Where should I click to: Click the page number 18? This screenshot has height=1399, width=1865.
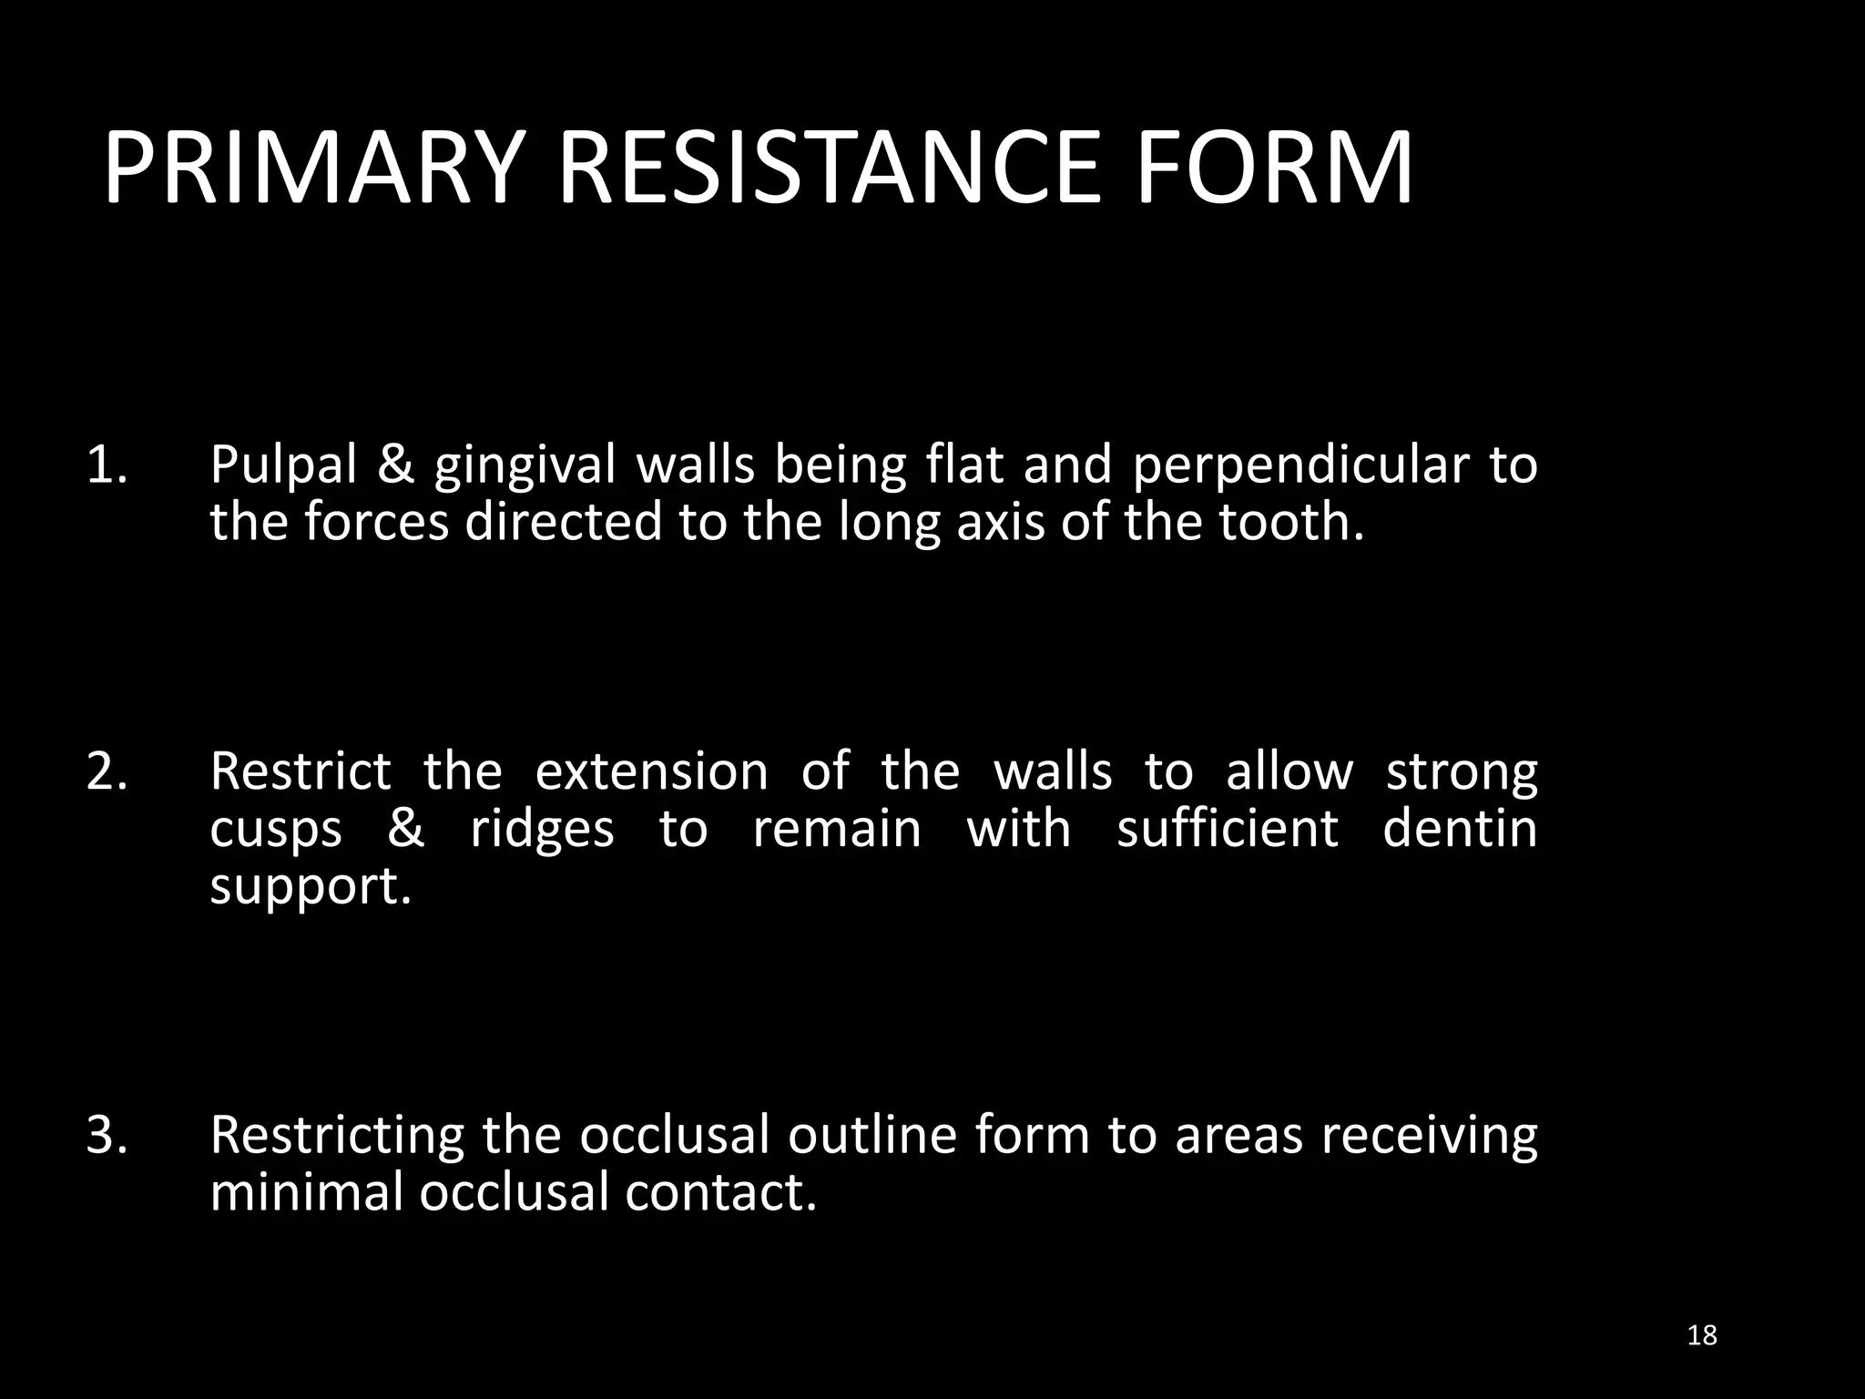pos(1701,1335)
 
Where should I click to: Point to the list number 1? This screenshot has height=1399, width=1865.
pos(107,465)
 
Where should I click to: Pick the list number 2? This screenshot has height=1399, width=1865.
pos(107,771)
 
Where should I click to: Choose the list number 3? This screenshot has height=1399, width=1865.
pos(107,1135)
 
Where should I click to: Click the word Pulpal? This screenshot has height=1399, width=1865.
pos(283,466)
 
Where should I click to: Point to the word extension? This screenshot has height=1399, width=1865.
pos(651,771)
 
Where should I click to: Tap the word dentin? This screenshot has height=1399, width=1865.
pos(1460,828)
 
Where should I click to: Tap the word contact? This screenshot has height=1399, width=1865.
pos(720,1191)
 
